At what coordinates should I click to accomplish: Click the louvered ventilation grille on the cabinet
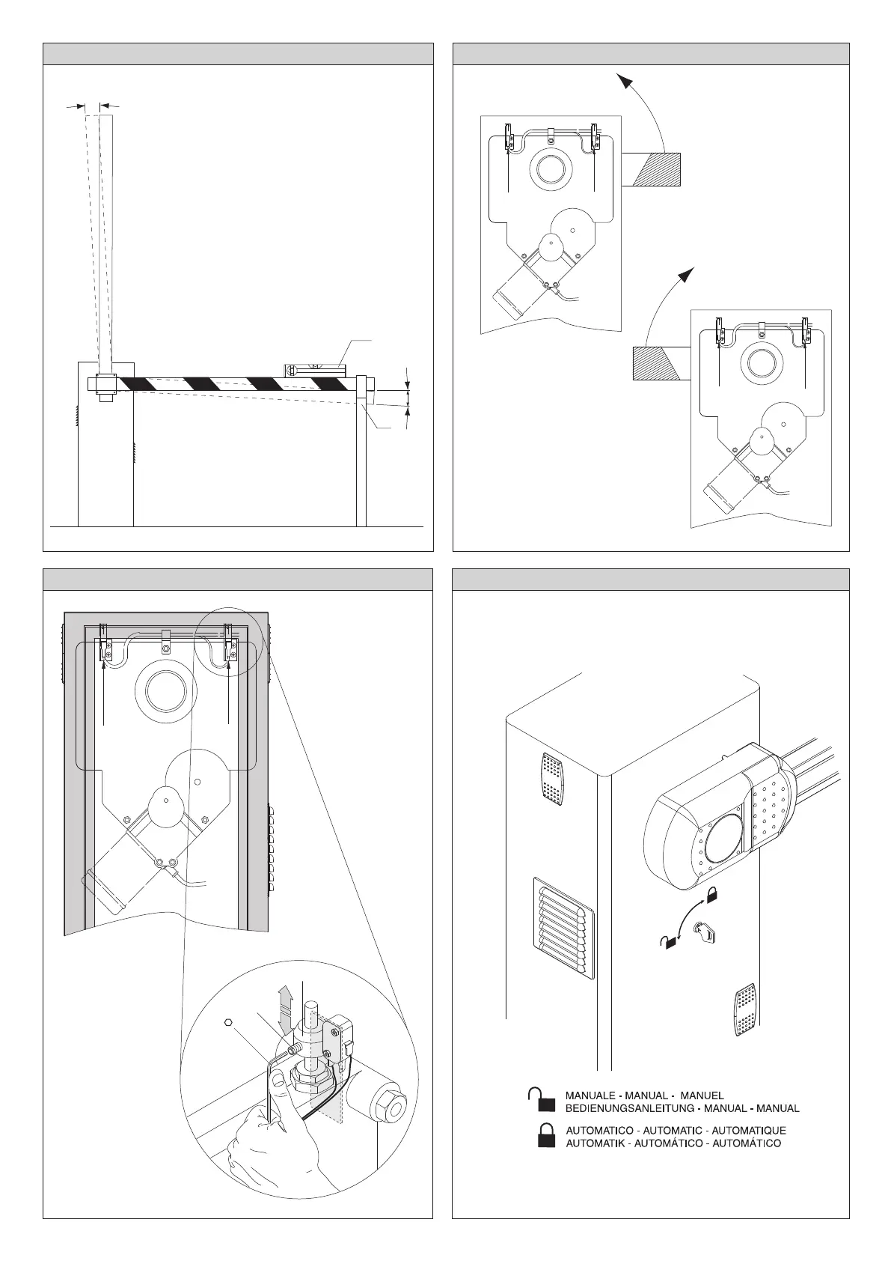tap(563, 929)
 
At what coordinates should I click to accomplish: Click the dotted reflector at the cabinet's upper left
tap(551, 779)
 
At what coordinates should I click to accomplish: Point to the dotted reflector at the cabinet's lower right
tap(746, 1010)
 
